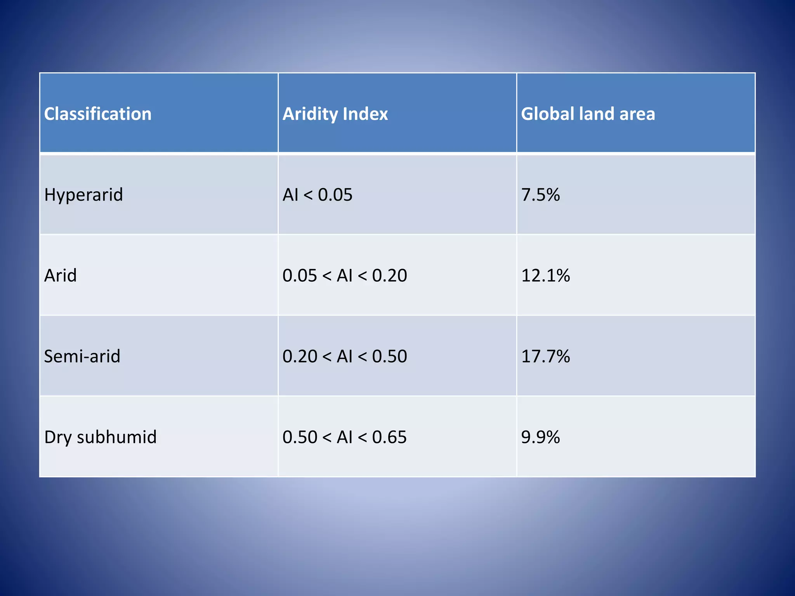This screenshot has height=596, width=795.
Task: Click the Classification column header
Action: [x=98, y=114]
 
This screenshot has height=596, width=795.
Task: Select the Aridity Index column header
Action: [x=335, y=114]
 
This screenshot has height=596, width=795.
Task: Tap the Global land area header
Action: [x=588, y=114]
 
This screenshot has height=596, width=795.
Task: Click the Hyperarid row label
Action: [x=83, y=195]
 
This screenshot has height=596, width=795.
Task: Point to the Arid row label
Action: [x=61, y=275]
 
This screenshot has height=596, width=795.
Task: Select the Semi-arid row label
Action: [x=82, y=356]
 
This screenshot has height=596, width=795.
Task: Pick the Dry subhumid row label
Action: [x=100, y=437]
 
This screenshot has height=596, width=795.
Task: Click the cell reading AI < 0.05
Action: [x=318, y=195]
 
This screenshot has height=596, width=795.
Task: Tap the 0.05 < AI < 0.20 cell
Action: [x=345, y=275]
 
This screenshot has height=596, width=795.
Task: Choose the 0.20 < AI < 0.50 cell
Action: [x=345, y=356]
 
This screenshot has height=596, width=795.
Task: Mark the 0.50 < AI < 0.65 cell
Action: [x=345, y=437]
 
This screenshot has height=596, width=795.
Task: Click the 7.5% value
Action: [x=540, y=195]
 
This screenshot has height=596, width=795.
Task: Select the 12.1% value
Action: [x=545, y=275]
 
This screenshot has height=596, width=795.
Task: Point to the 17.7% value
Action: [x=545, y=356]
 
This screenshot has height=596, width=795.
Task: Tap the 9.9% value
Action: [x=540, y=437]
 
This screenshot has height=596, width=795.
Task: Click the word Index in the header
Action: [x=365, y=114]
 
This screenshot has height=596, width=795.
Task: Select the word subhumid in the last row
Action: [x=117, y=437]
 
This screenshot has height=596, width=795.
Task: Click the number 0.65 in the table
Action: [x=389, y=437]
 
